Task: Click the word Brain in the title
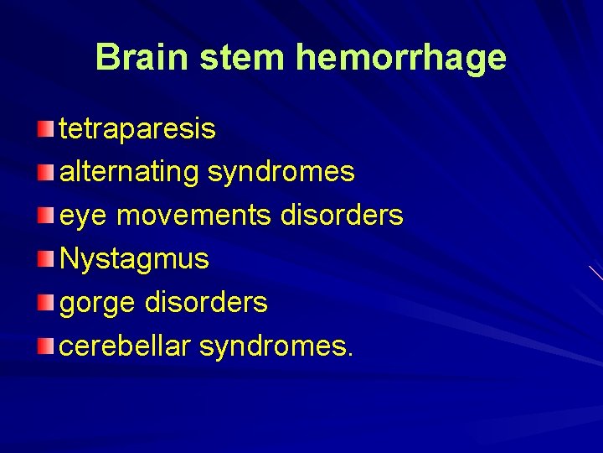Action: (142, 57)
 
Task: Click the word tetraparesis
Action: (137, 129)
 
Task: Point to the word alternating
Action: (129, 172)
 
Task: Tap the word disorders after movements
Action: (342, 216)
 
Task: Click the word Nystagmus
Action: (134, 259)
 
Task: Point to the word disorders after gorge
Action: (206, 302)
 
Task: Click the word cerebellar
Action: (125, 346)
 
